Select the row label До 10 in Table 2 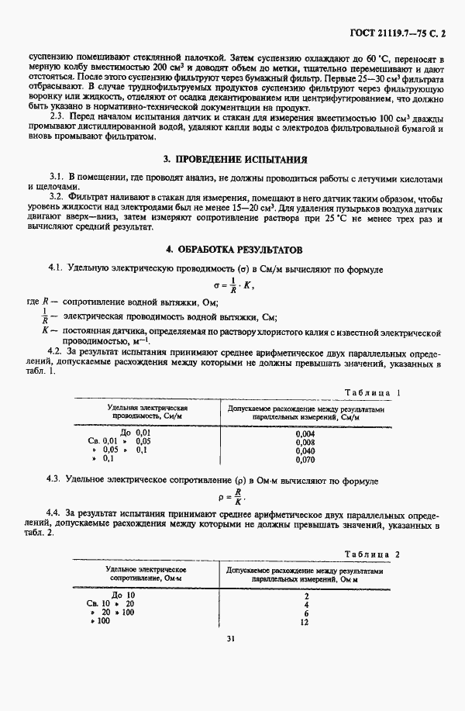pos(123,595)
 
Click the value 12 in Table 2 pos(304,622)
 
